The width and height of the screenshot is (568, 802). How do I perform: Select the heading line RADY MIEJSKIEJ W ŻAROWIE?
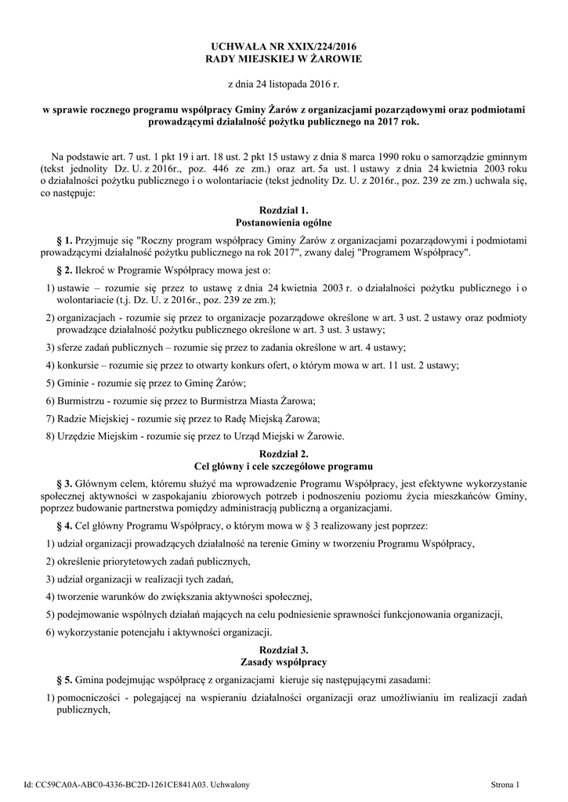tap(284, 59)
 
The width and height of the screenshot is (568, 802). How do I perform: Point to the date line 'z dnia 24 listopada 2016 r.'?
tap(284, 83)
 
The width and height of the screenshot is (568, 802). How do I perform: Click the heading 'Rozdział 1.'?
tap(284, 211)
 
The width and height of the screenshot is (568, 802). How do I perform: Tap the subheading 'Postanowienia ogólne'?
tap(284, 222)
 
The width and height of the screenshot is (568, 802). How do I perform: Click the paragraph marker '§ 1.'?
tap(65, 239)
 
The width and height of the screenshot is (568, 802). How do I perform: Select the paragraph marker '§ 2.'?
tap(65, 270)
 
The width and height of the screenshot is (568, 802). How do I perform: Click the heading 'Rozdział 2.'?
tap(284, 454)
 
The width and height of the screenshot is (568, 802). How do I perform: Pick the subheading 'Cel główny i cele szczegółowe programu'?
tap(284, 466)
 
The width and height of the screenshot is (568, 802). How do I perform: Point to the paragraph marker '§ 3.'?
tap(65, 482)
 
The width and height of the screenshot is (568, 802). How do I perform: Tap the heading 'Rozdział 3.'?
tap(284, 650)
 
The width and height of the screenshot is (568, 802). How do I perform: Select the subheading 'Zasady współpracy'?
tap(284, 663)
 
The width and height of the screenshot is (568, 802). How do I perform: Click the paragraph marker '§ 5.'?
tap(65, 678)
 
